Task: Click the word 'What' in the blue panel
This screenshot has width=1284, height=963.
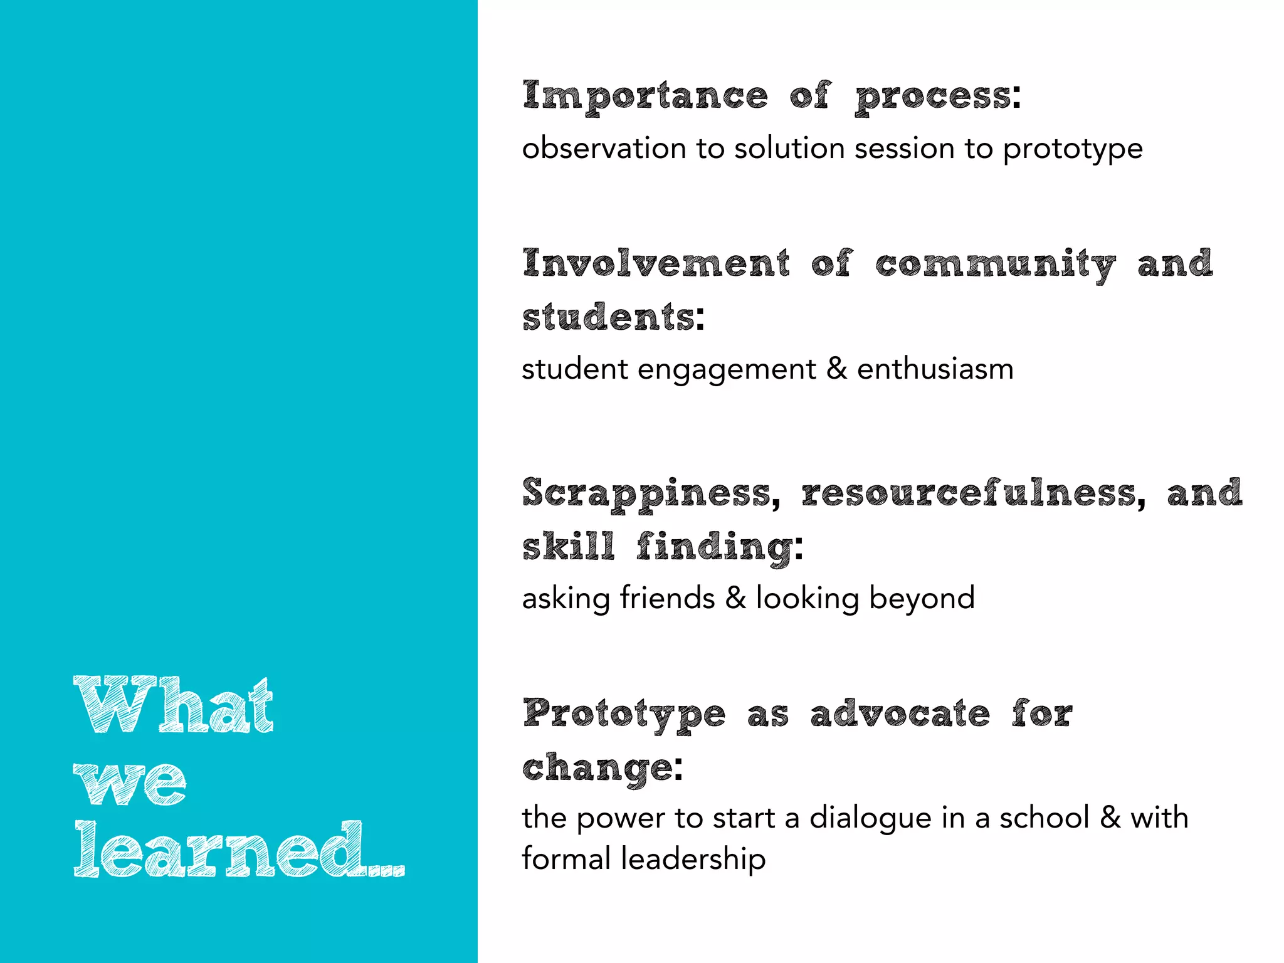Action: (x=174, y=705)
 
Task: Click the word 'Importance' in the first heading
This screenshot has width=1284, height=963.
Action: (x=645, y=97)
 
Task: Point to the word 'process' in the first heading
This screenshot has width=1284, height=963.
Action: (x=934, y=98)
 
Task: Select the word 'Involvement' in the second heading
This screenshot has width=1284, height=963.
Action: (x=656, y=263)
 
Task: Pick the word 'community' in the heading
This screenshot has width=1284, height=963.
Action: (x=996, y=265)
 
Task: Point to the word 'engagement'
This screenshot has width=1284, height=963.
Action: (x=727, y=370)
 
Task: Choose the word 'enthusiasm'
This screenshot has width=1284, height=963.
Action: (x=935, y=369)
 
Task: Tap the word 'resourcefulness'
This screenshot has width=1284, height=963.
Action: (x=969, y=493)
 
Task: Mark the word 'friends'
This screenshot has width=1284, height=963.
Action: (x=667, y=597)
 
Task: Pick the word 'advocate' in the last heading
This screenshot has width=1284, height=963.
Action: (x=900, y=714)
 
